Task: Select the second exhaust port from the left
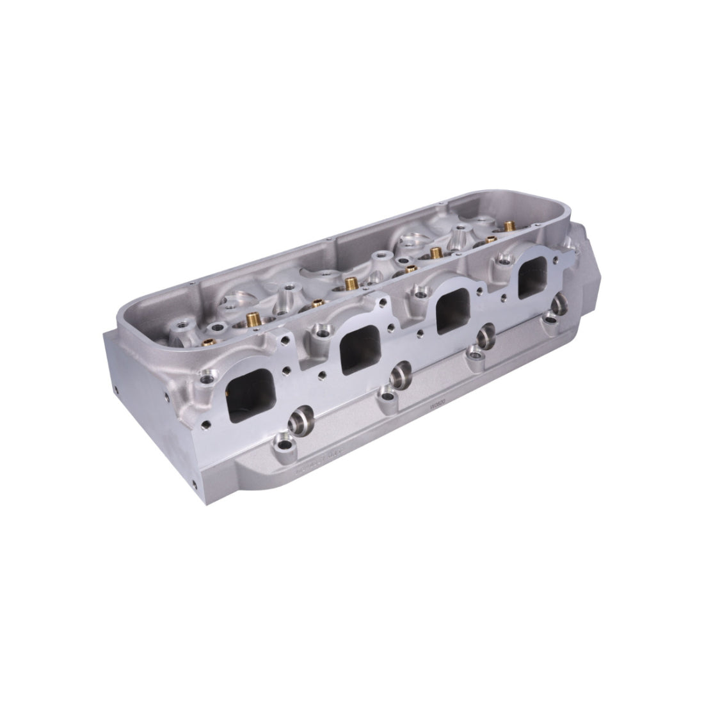click(357, 352)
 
